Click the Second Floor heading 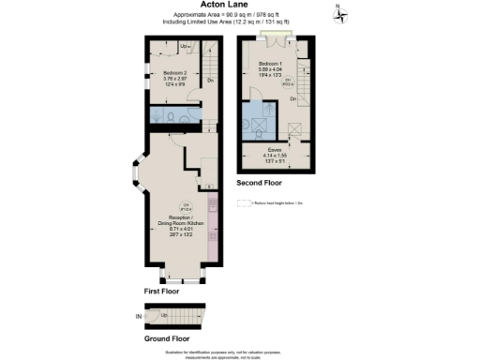(260, 181)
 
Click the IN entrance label (139, 318)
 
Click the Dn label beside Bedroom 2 (212, 81)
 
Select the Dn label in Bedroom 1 (292, 98)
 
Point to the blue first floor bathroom (176, 115)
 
